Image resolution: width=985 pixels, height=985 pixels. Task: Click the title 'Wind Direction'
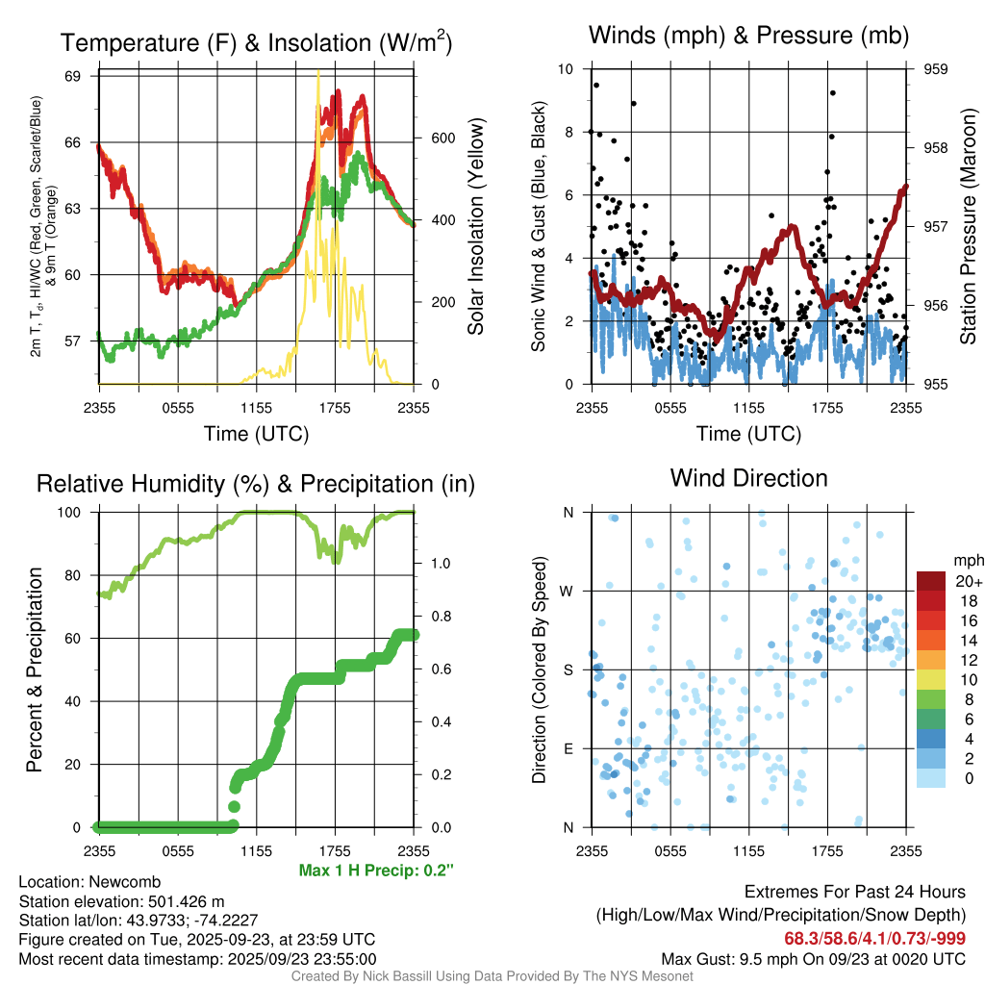point(748,478)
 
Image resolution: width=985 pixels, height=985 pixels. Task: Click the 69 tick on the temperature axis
point(81,75)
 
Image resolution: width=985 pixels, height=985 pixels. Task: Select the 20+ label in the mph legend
point(967,581)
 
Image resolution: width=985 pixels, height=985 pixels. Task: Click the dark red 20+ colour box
point(930,581)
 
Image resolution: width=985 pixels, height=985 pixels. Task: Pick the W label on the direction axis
point(569,591)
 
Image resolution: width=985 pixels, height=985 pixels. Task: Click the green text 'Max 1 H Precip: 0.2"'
point(376,871)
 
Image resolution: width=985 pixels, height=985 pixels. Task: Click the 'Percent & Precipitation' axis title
point(35,669)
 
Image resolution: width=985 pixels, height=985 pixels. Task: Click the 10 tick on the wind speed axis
point(568,69)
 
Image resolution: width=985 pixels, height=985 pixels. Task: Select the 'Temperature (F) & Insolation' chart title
point(256,43)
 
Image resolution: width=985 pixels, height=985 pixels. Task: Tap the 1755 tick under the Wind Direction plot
point(827,850)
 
